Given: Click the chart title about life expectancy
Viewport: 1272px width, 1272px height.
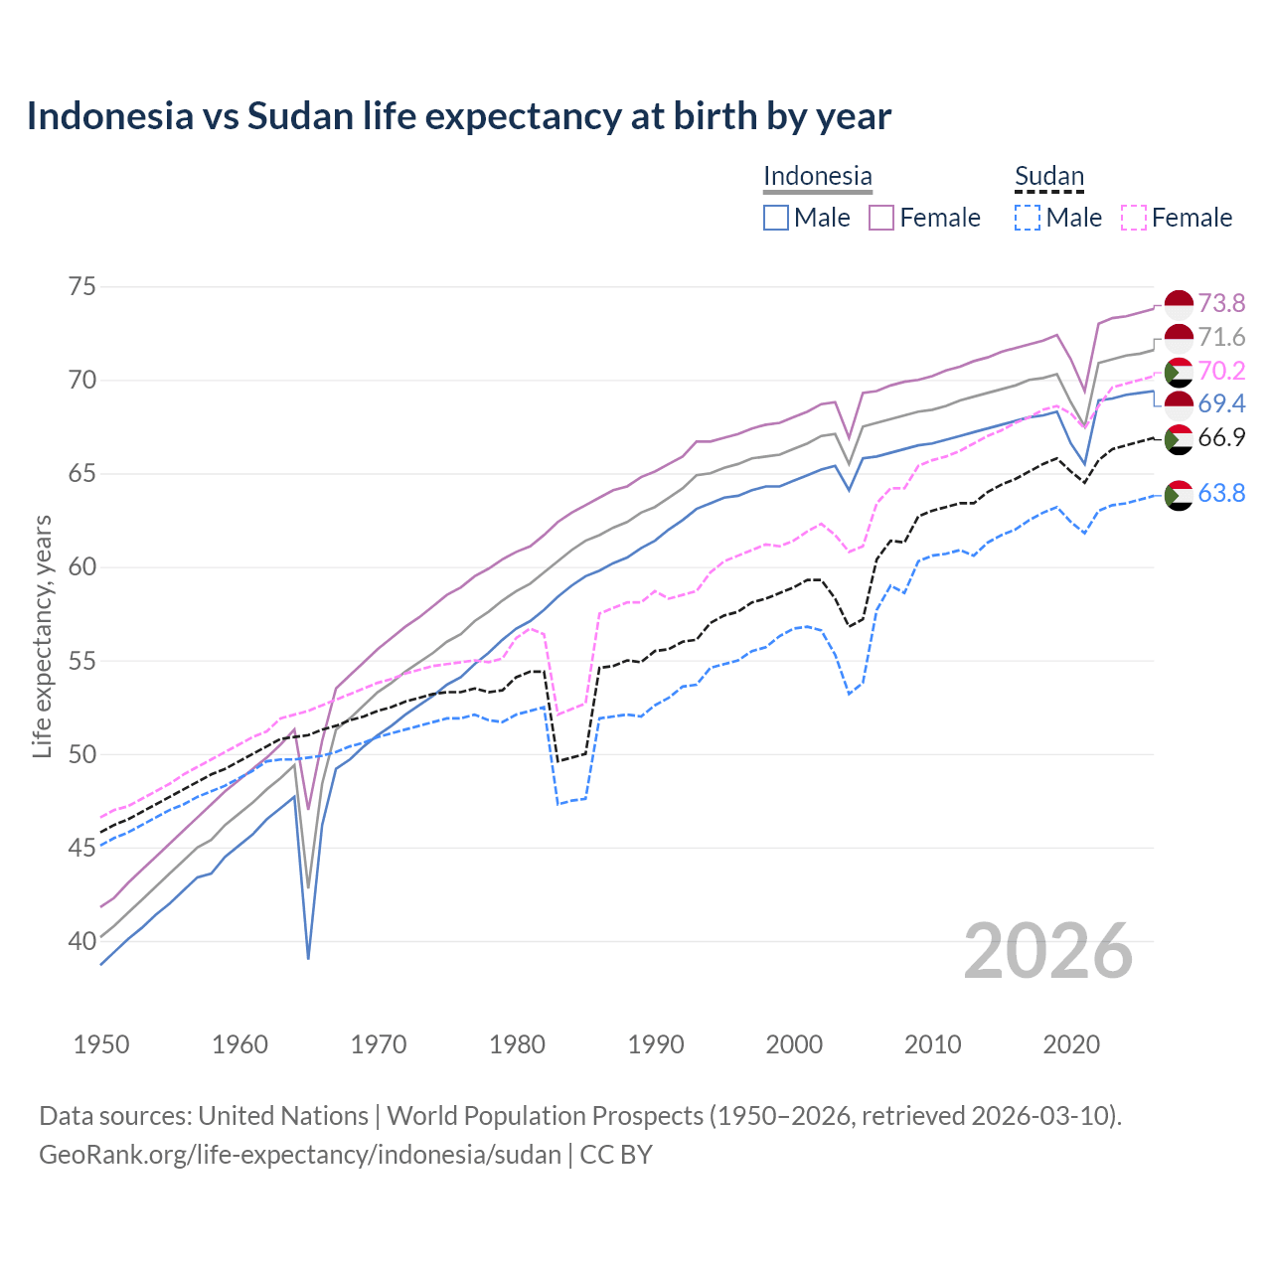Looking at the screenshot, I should (x=458, y=116).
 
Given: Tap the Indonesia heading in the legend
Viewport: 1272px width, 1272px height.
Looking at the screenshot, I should (x=817, y=176).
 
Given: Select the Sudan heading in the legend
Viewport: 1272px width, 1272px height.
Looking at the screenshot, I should (x=1048, y=176).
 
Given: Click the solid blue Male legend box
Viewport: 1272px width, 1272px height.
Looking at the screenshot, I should (x=776, y=218).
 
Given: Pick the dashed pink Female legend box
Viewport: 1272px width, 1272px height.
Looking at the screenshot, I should (x=1134, y=218).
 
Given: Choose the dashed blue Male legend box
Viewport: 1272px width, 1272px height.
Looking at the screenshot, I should (x=1028, y=218).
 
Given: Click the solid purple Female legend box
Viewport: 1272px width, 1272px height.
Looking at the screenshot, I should (x=881, y=218).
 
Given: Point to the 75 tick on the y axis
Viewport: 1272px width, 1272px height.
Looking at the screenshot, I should (x=82, y=287).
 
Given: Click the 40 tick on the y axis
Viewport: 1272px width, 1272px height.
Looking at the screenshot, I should (x=82, y=941).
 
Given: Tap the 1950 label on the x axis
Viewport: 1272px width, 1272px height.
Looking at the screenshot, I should (x=101, y=1044).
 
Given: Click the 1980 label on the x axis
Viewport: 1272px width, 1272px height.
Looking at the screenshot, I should (x=517, y=1044).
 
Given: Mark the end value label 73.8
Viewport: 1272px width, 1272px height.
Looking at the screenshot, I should (x=1221, y=303).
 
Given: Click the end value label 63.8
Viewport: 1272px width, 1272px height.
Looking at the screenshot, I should (x=1221, y=493).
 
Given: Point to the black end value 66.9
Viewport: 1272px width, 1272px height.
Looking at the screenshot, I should (x=1221, y=438).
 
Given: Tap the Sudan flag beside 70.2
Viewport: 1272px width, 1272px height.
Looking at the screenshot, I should (x=1179, y=372).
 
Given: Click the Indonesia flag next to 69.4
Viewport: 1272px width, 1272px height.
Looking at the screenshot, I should (x=1179, y=404).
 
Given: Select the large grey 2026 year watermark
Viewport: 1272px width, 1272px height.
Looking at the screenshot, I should (x=1047, y=951).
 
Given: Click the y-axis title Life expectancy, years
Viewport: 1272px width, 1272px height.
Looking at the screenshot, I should (x=42, y=636).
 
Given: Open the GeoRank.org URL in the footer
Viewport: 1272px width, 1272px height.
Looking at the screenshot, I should (x=299, y=1155).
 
